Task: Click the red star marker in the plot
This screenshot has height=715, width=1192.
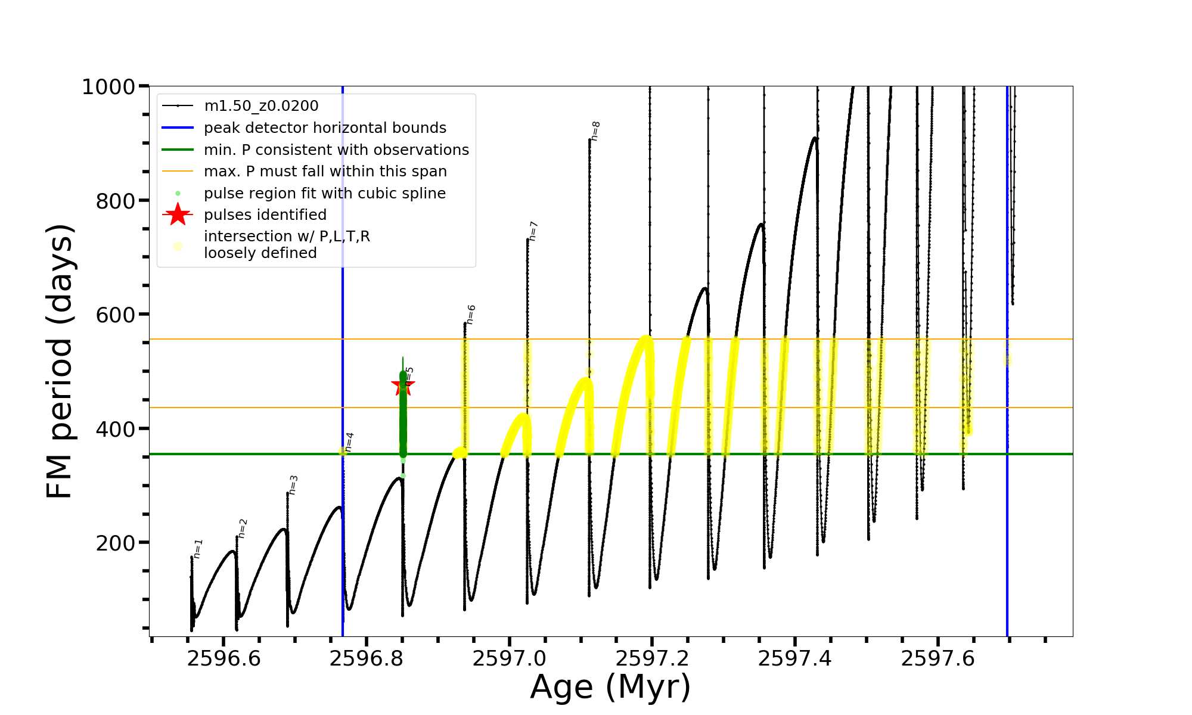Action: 403,385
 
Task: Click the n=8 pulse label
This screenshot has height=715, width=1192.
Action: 595,131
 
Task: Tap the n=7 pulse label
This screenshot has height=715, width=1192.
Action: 533,231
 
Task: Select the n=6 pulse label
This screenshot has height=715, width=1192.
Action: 471,314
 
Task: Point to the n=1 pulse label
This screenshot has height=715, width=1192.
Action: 198,548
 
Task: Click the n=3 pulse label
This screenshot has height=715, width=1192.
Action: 293,485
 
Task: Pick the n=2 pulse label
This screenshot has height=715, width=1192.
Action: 243,528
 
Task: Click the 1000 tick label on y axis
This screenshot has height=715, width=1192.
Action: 108,87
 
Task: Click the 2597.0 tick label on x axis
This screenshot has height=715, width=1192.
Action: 510,658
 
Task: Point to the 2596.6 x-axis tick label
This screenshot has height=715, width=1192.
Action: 223,658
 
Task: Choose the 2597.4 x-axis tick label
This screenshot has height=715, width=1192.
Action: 795,658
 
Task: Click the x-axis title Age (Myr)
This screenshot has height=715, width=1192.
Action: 610,687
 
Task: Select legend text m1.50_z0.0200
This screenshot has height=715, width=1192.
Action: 261,106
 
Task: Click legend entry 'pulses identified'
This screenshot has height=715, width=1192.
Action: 265,214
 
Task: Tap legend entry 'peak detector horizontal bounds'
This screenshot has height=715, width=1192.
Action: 325,128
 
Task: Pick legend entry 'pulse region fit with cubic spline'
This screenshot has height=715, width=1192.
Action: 325,193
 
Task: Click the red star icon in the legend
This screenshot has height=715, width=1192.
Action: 178,214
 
